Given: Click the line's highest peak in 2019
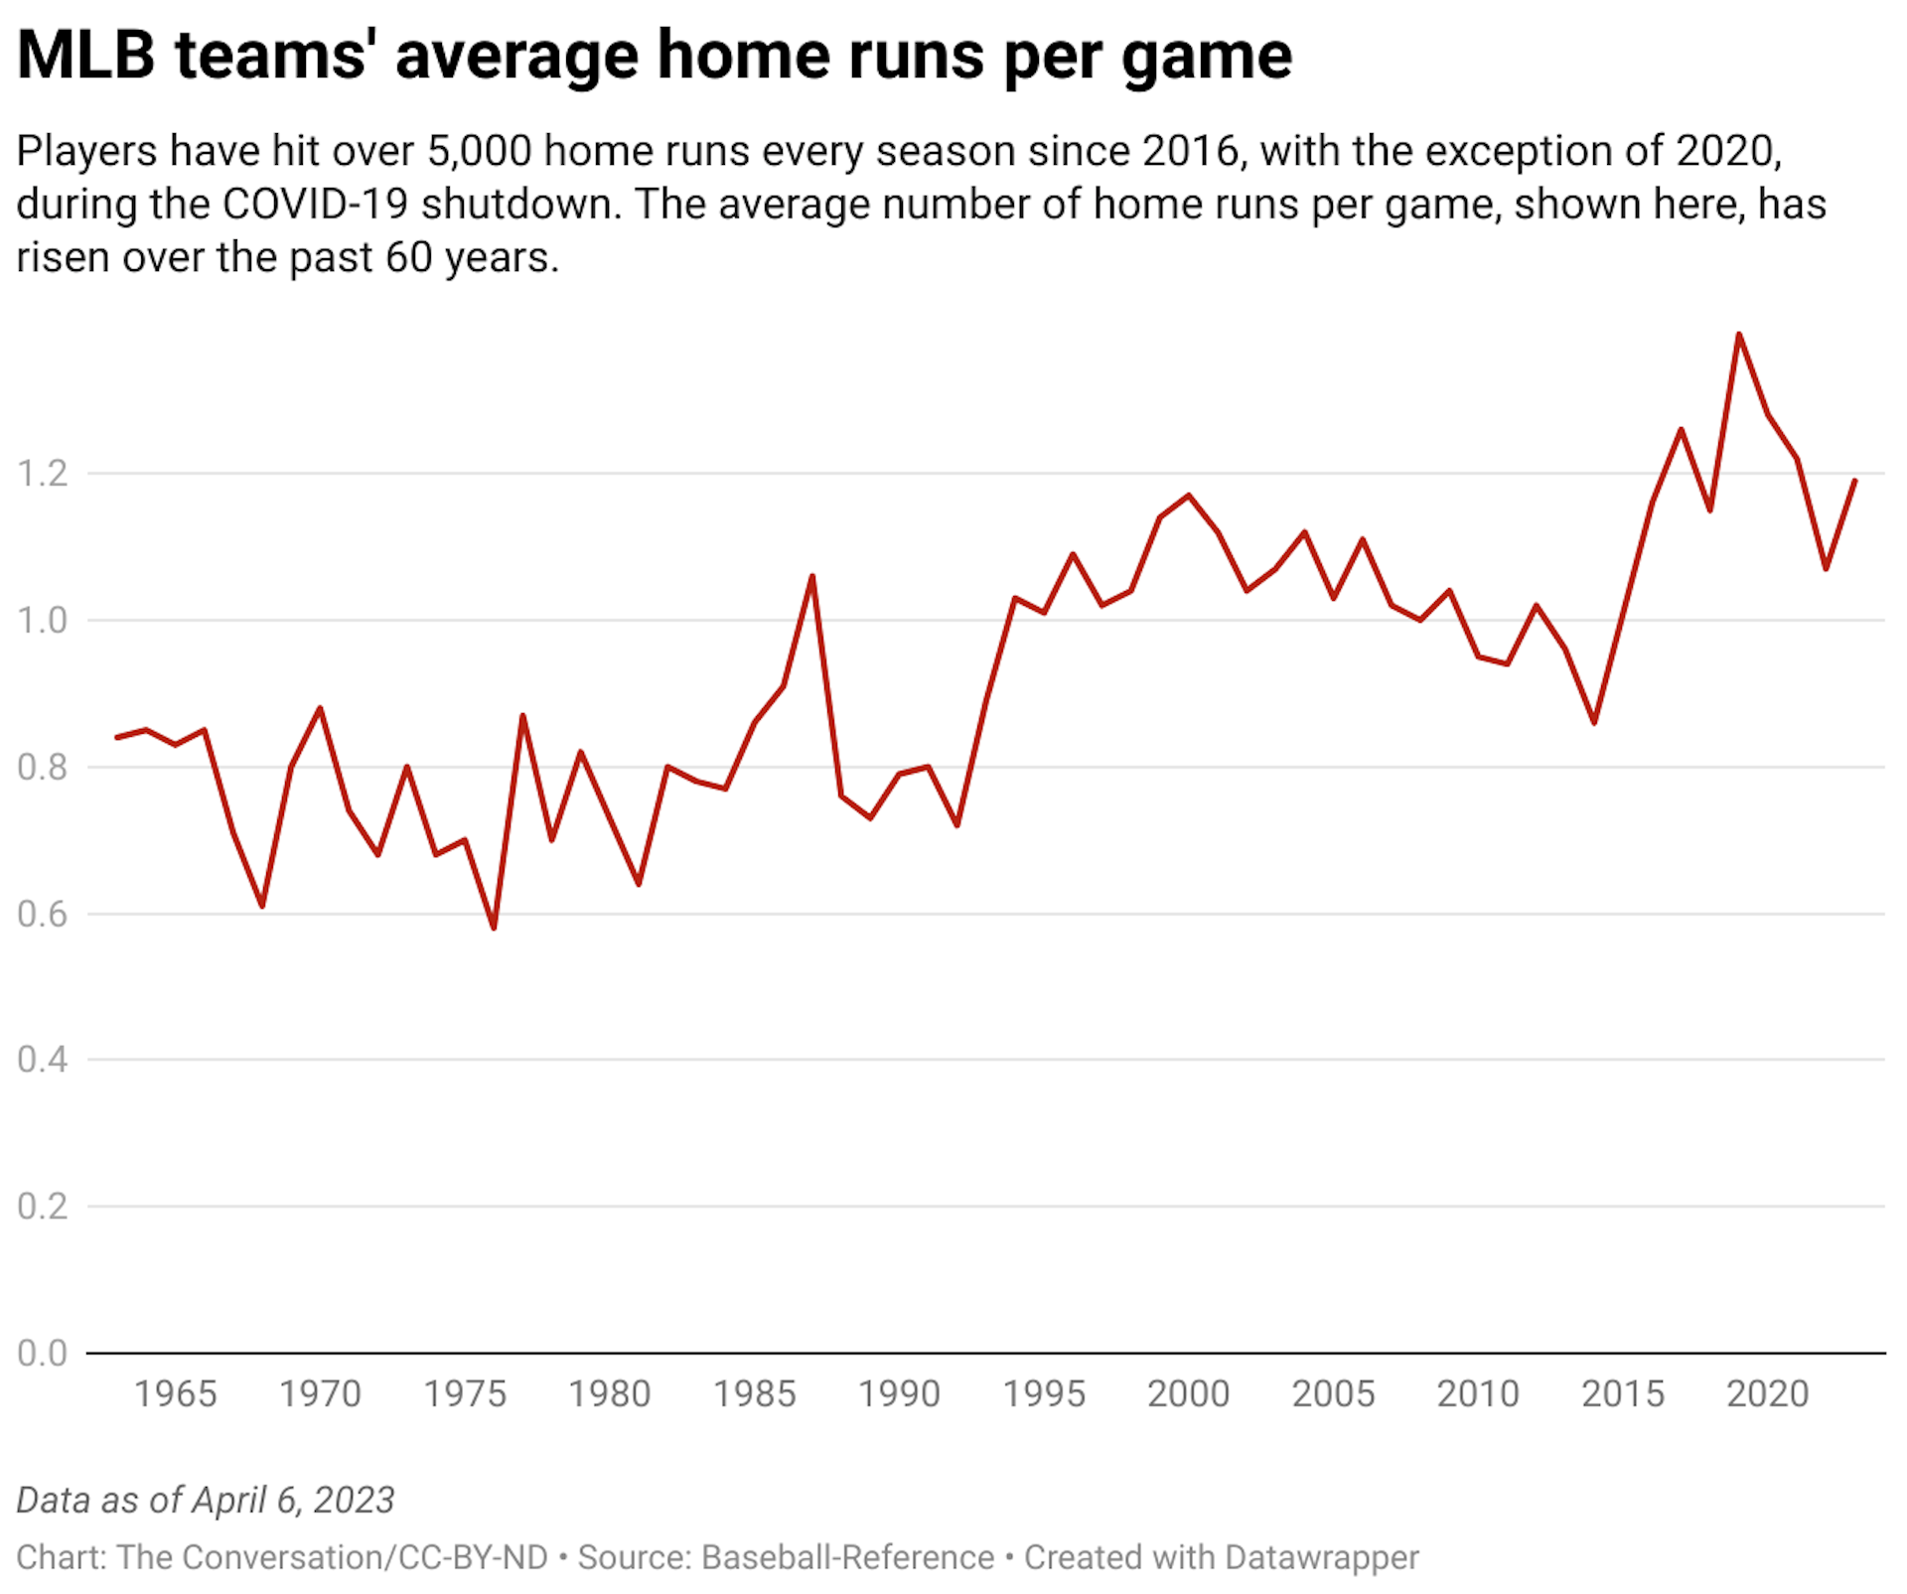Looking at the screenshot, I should [x=1738, y=335].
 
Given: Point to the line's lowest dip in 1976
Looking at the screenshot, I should [x=494, y=928].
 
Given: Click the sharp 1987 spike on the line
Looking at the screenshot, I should [x=812, y=576].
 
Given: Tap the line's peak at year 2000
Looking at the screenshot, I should [x=1189, y=495].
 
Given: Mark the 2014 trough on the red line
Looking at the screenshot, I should [x=1594, y=722].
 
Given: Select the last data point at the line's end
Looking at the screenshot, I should [x=1854, y=481].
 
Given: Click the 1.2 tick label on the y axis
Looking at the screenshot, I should [x=43, y=474].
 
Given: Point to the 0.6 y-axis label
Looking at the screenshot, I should [x=43, y=914].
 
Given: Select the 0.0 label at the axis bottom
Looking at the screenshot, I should [x=43, y=1353].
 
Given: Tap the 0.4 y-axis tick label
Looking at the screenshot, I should [x=43, y=1060].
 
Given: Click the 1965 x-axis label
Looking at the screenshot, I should [x=175, y=1394].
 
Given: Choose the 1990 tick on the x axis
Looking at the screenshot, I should [x=899, y=1394].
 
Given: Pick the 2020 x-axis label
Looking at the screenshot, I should [x=1767, y=1394].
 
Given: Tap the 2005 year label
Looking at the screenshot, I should [x=1333, y=1394].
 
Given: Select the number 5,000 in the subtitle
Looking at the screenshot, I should [x=479, y=152].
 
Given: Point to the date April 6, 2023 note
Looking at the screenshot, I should [x=293, y=1500].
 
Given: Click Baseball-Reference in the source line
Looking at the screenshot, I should [x=847, y=1557].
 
